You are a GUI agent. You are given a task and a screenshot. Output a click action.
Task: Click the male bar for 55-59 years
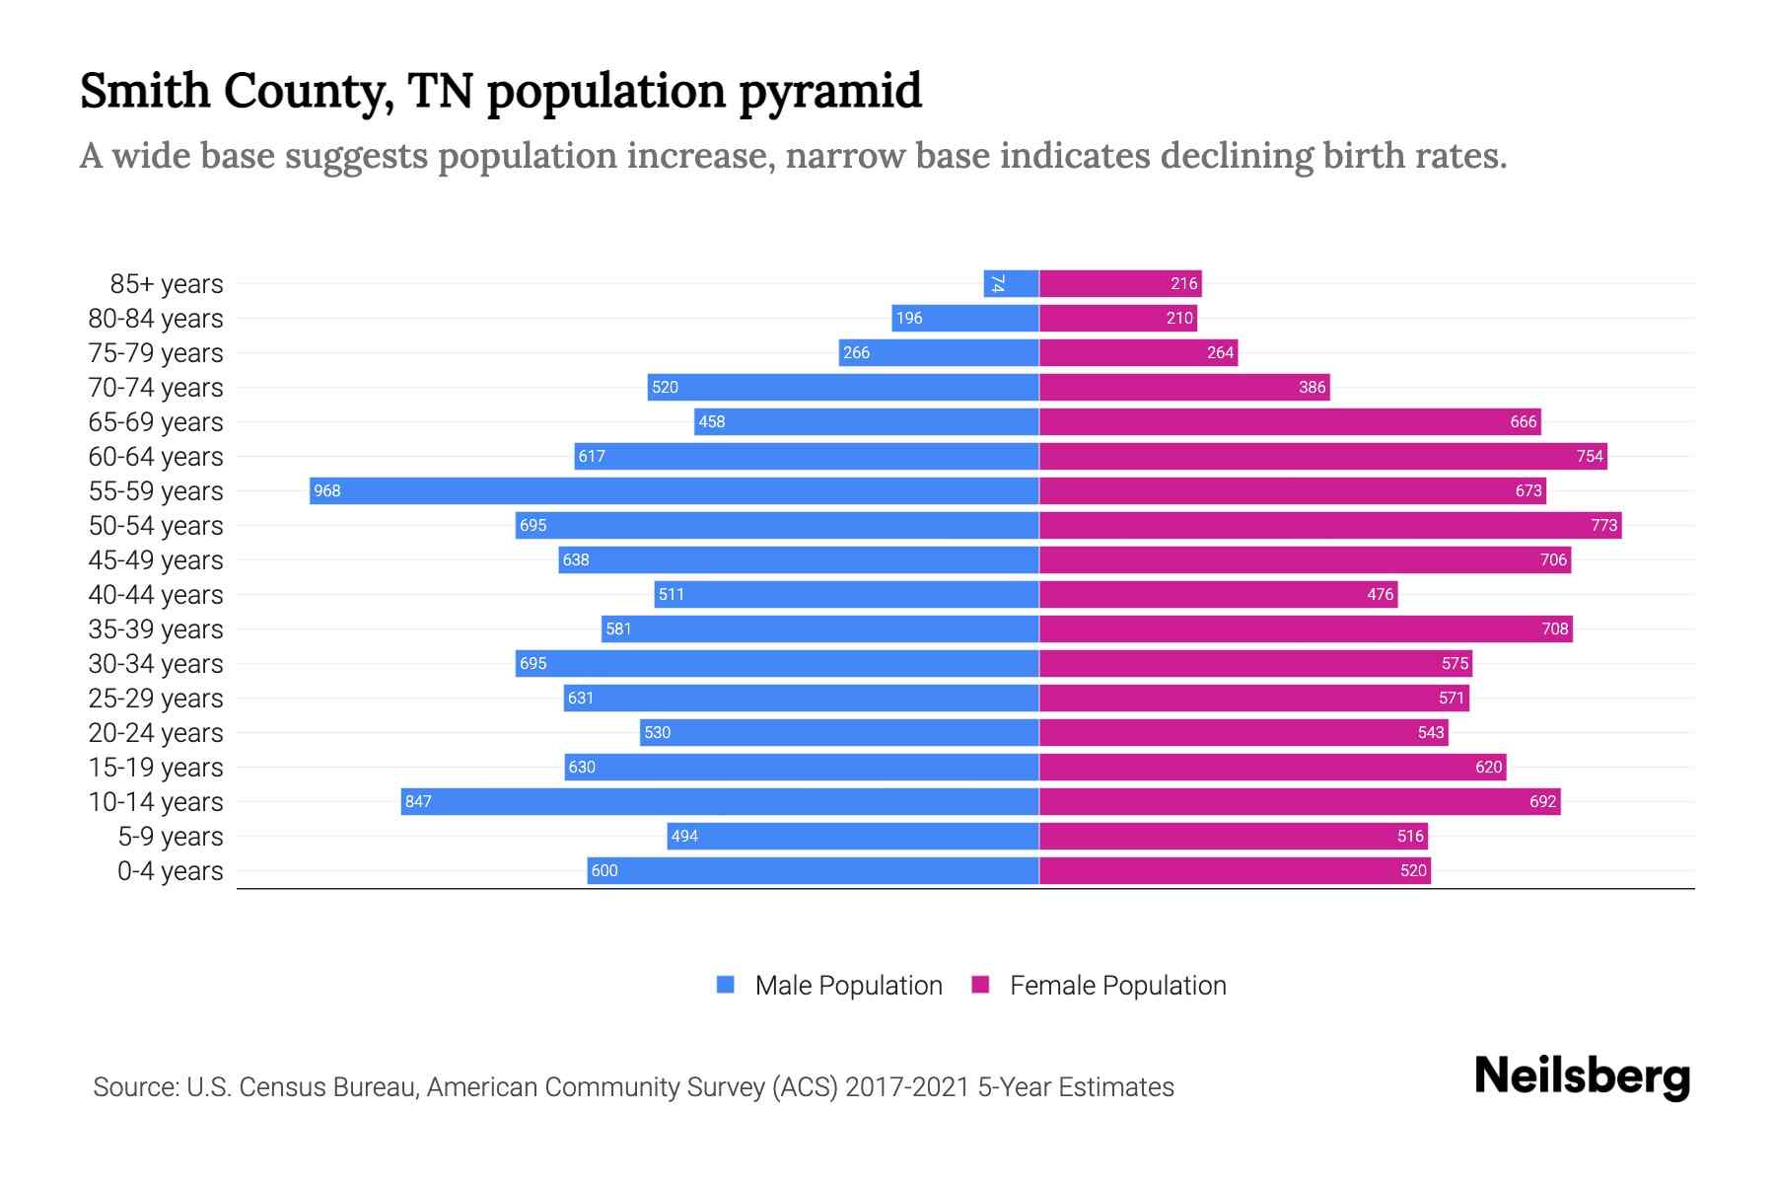pos(674,490)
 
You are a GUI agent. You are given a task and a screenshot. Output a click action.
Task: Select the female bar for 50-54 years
pos(1330,525)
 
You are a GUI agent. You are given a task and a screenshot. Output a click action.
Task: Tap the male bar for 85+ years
pos(1011,283)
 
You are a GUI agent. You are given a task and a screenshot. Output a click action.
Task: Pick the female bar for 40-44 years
pos(1218,594)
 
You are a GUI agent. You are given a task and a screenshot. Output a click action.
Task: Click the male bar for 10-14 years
pos(720,801)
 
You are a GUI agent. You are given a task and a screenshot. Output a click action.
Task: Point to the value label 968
pos(326,490)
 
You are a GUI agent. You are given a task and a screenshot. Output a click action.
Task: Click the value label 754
pos(1589,456)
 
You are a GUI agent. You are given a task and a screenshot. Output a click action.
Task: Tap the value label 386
pos(1312,387)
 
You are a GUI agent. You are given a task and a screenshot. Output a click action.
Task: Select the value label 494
pos(683,836)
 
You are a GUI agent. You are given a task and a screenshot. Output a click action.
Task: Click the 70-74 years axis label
pos(156,388)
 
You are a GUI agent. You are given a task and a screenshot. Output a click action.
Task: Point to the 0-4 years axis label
pos(170,871)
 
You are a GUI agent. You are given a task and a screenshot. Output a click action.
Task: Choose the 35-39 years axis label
pos(156,629)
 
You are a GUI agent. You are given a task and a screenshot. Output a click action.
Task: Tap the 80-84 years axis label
pos(156,319)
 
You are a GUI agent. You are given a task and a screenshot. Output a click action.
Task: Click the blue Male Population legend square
pos(726,985)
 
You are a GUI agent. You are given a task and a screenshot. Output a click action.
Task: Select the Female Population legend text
pos(1117,986)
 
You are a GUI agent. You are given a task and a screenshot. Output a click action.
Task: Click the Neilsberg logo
pos(1582,1076)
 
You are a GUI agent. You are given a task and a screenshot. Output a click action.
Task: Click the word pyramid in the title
pos(829,92)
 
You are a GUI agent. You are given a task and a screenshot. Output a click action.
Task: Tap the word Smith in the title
pos(145,91)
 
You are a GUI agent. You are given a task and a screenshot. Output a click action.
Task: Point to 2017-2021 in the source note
pos(906,1087)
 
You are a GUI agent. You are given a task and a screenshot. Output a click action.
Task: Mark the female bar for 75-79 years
pos(1138,352)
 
